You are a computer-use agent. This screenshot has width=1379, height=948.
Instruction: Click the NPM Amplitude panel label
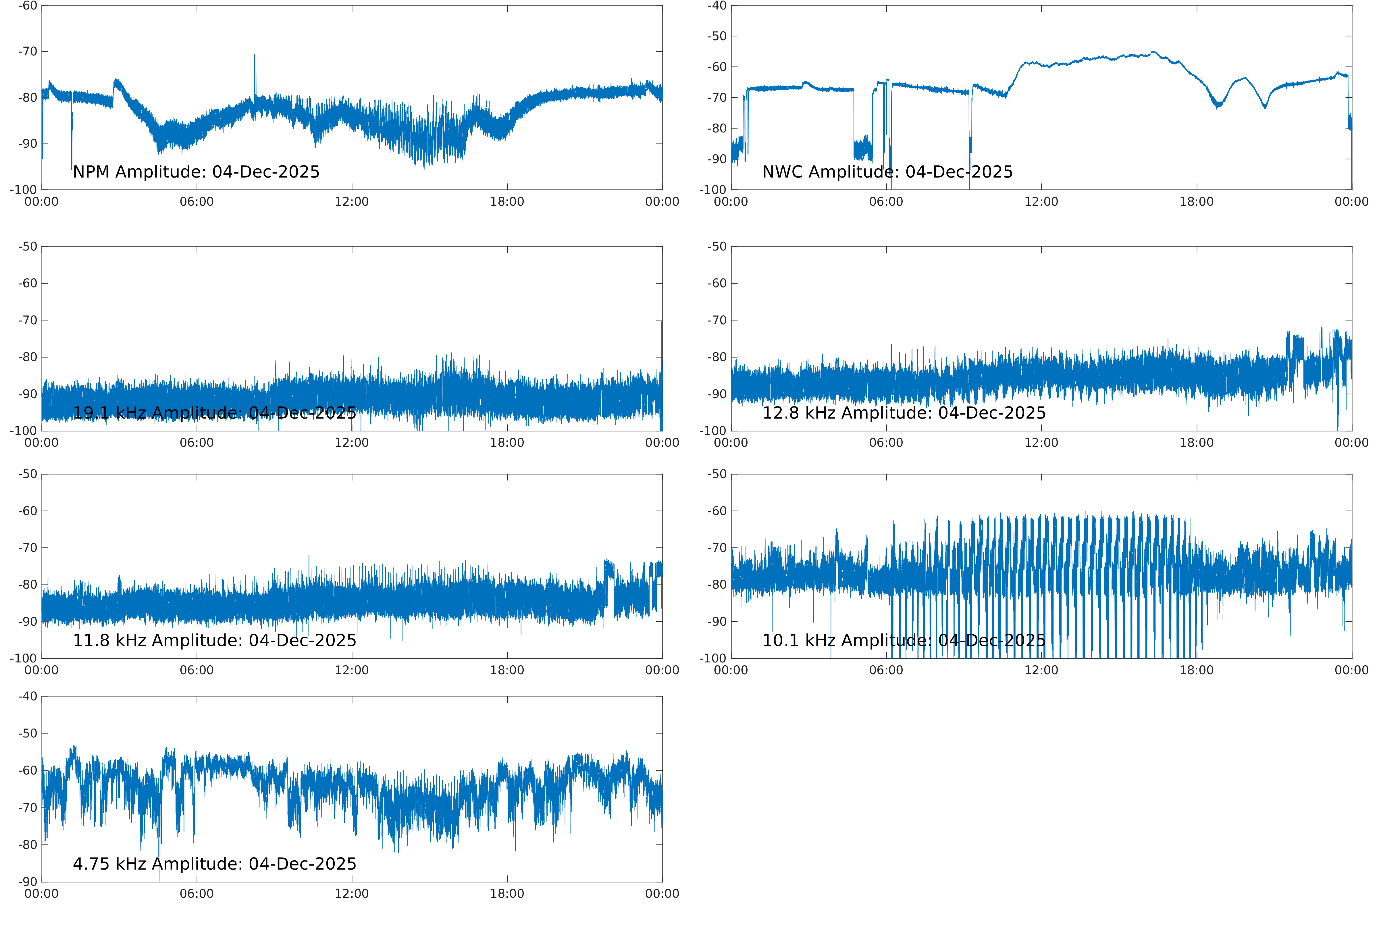click(196, 172)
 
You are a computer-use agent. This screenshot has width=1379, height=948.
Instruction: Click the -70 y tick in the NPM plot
click(27, 52)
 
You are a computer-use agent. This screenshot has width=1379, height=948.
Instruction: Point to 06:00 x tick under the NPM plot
click(197, 202)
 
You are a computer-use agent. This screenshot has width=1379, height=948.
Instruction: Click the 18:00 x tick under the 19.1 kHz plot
click(507, 443)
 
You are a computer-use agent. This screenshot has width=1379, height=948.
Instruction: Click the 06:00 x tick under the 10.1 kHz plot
click(886, 670)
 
